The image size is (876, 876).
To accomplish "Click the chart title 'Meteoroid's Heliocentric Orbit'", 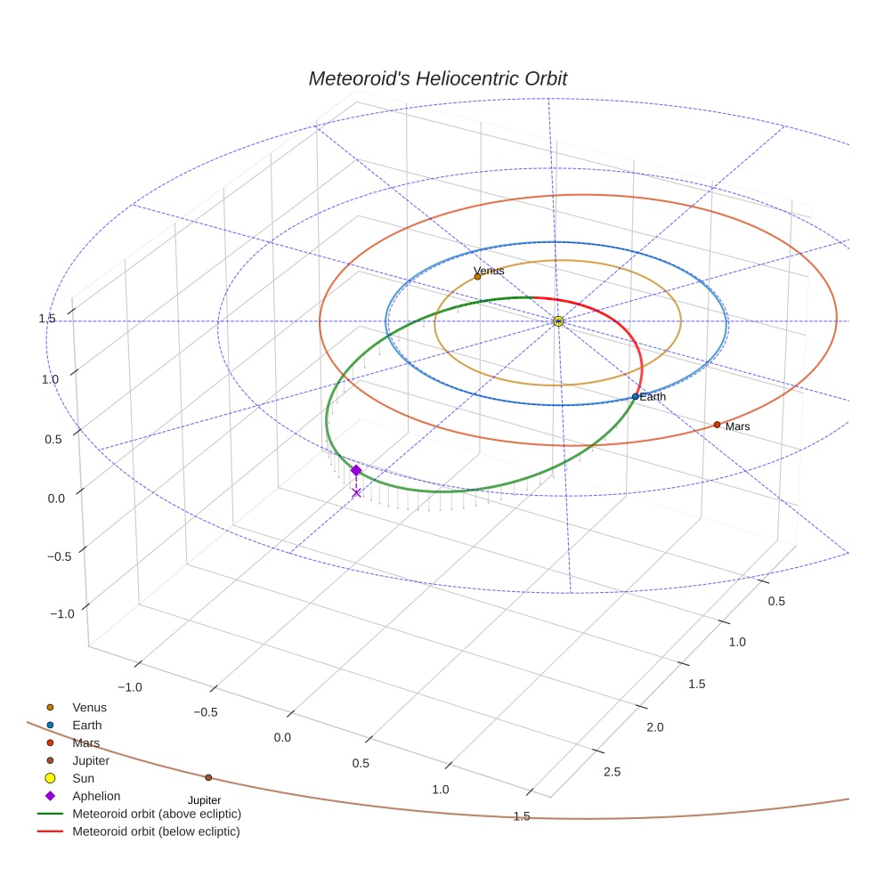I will pyautogui.click(x=437, y=78).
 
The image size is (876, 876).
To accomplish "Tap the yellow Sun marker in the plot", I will pyautogui.click(x=558, y=320).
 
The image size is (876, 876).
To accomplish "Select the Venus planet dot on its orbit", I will pyautogui.click(x=477, y=276).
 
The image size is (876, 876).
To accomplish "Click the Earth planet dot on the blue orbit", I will pyautogui.click(x=635, y=396).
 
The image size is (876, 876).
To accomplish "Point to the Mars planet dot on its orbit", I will pyautogui.click(x=717, y=425).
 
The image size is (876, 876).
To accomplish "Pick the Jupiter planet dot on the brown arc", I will pyautogui.click(x=208, y=777).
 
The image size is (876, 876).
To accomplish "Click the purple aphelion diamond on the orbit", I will pyautogui.click(x=356, y=470).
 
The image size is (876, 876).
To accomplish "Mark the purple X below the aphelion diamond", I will pyautogui.click(x=356, y=492).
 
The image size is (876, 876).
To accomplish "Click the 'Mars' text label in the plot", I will pyautogui.click(x=737, y=427).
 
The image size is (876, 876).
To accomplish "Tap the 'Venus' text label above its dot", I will pyautogui.click(x=489, y=271).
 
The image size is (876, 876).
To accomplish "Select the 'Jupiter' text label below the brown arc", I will pyautogui.click(x=205, y=800).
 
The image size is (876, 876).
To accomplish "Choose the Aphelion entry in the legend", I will pyautogui.click(x=96, y=796).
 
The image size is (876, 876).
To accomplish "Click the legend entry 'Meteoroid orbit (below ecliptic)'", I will pyautogui.click(x=156, y=831).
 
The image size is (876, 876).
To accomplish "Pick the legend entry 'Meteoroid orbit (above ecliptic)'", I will pyautogui.click(x=157, y=814).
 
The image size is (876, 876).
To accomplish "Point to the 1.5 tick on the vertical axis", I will pyautogui.click(x=47, y=319).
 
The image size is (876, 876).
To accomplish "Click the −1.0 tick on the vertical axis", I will pyautogui.click(x=61, y=614).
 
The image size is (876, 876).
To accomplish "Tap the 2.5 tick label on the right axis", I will pyautogui.click(x=612, y=771).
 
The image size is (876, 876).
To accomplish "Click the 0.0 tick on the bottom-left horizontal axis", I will pyautogui.click(x=282, y=737).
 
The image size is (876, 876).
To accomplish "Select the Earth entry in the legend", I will pyautogui.click(x=87, y=726).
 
